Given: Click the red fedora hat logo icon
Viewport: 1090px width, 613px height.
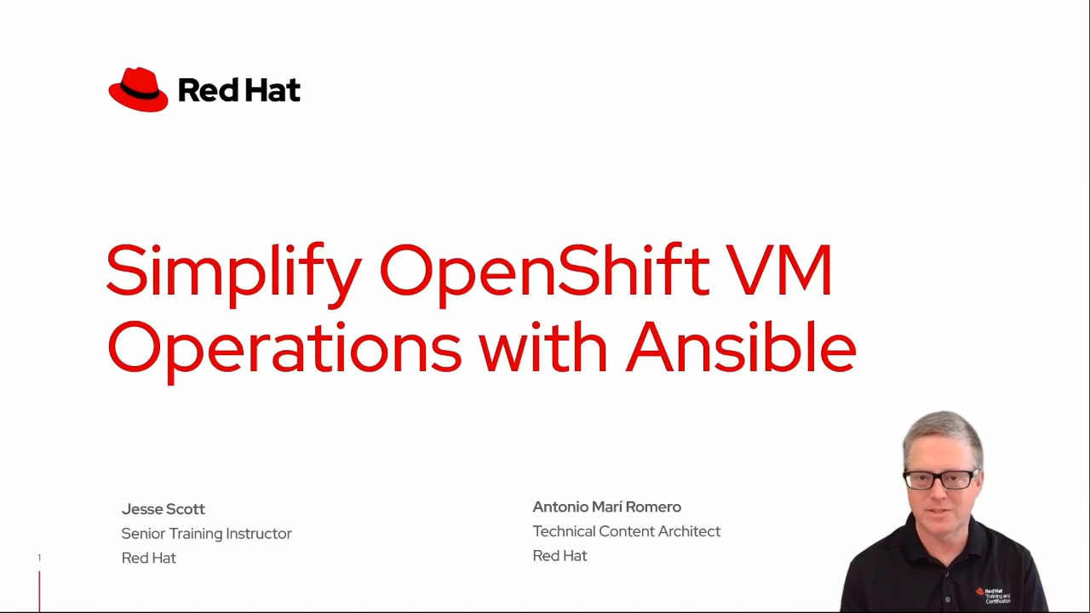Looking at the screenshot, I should (138, 89).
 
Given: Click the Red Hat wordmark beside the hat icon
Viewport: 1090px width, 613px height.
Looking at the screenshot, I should (239, 89).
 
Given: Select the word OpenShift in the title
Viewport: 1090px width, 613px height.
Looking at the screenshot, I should (544, 271).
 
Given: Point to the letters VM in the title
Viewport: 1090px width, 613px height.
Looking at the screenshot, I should (778, 271).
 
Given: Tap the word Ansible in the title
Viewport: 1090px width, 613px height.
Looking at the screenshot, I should (741, 347).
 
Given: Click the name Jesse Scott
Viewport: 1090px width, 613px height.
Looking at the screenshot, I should (163, 509).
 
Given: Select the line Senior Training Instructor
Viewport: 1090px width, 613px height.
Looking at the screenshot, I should (206, 534).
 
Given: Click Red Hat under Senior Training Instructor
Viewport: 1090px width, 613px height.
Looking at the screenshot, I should (148, 559).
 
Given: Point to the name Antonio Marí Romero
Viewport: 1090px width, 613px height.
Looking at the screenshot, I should (606, 507).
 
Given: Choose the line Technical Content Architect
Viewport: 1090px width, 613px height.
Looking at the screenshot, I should (626, 531).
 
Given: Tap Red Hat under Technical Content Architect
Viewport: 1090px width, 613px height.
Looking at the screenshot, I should (559, 556).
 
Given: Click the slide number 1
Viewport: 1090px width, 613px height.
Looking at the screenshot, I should (39, 558).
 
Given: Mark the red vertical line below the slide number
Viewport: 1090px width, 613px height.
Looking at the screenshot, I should (39, 591).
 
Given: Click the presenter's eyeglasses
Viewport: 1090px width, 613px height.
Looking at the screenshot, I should (942, 479).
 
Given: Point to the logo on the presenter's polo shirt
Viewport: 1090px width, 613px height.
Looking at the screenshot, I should (993, 594).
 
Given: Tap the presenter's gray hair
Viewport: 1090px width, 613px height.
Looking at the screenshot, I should (943, 431).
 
